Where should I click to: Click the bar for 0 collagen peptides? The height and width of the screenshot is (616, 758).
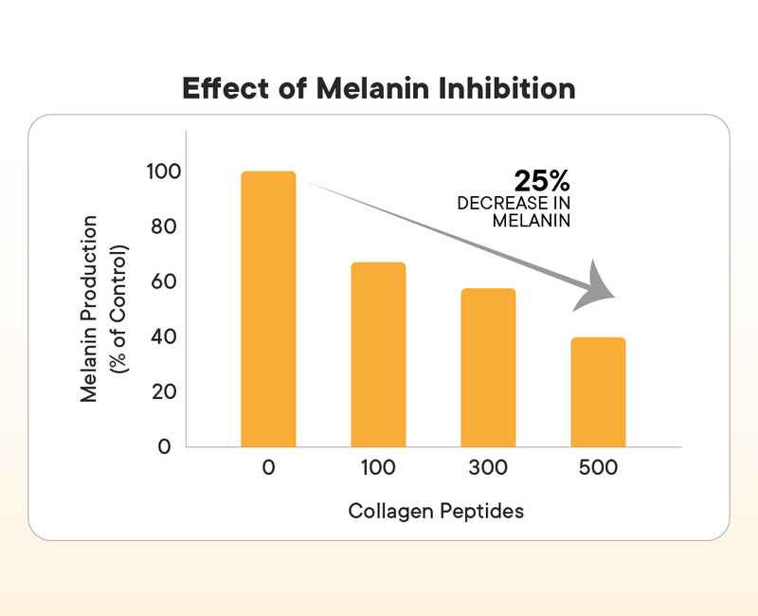point(268,309)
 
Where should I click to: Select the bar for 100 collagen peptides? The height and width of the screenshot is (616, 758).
point(378,354)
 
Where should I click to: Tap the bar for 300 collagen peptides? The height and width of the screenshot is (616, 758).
point(488,368)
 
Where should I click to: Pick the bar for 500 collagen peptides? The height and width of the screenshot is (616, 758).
point(598,391)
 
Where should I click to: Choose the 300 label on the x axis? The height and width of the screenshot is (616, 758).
point(488,468)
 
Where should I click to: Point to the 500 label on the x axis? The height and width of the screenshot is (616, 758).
point(598,468)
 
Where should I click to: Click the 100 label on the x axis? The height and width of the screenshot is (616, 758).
point(378,468)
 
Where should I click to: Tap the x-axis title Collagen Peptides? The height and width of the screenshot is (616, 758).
point(436,512)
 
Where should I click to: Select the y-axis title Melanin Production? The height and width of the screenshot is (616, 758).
point(90,309)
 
